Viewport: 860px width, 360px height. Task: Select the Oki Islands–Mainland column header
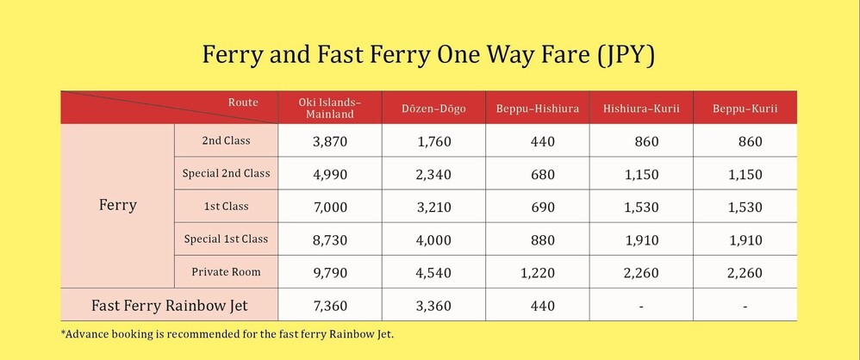pyautogui.click(x=330, y=108)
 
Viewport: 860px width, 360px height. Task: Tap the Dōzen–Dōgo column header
pyautogui.click(x=433, y=109)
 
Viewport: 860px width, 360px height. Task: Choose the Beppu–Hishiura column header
pyautogui.click(x=538, y=109)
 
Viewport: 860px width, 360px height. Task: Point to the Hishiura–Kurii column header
pyautogui.click(x=641, y=109)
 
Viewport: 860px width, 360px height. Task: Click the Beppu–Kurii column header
pyautogui.click(x=745, y=109)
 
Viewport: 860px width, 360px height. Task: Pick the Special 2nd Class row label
pyautogui.click(x=226, y=173)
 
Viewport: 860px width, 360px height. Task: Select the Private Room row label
pyautogui.click(x=226, y=272)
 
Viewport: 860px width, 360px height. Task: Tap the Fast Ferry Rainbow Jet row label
pyautogui.click(x=170, y=305)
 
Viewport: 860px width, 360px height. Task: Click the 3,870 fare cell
pyautogui.click(x=330, y=141)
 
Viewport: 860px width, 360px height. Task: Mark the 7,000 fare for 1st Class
pyautogui.click(x=330, y=207)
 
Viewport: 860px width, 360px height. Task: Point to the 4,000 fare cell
pyautogui.click(x=433, y=240)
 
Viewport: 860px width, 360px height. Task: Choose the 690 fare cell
pyautogui.click(x=543, y=207)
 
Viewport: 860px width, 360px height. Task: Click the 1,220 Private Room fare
pyautogui.click(x=538, y=273)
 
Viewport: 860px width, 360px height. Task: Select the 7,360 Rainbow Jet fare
pyautogui.click(x=330, y=306)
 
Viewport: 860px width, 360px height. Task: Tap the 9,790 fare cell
pyautogui.click(x=330, y=273)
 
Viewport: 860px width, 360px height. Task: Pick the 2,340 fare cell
pyautogui.click(x=433, y=174)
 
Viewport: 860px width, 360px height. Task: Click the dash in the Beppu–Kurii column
pyautogui.click(x=745, y=307)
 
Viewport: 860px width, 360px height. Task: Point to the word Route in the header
pyautogui.click(x=243, y=102)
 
